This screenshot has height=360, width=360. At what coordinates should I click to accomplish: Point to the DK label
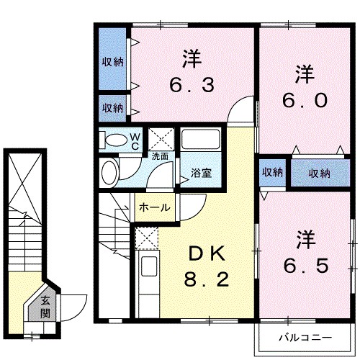tap(207, 253)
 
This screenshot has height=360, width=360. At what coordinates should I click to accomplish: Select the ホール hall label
tap(153, 208)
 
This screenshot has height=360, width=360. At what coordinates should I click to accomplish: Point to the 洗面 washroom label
tap(160, 156)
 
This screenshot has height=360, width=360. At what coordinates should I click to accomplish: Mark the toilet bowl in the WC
tap(113, 140)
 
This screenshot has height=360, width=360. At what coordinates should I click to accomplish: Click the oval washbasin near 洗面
tap(110, 172)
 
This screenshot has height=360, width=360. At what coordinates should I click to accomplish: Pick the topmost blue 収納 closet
tap(112, 61)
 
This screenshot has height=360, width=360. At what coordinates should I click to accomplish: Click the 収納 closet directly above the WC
tap(112, 108)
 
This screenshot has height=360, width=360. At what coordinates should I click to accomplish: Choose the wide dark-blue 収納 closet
tap(319, 172)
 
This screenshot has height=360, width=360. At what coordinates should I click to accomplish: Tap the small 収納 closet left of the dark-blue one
tap(272, 172)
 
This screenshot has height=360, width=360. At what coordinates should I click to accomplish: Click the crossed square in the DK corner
tap(145, 238)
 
